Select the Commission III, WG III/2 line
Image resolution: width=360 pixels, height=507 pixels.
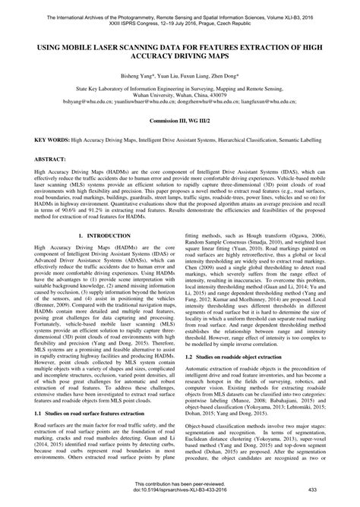[x=179, y=121]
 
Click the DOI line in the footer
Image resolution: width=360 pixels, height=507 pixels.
[x=180, y=498]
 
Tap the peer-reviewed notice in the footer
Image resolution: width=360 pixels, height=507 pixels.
[x=180, y=491]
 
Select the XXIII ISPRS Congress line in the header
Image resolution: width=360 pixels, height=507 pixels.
[x=179, y=16]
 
